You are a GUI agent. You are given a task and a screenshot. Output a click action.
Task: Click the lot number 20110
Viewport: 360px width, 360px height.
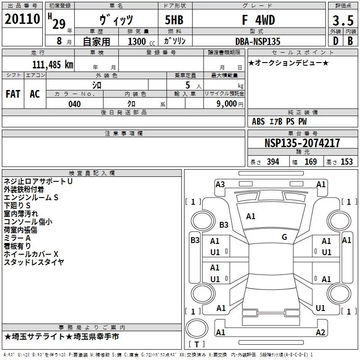tap(22, 19)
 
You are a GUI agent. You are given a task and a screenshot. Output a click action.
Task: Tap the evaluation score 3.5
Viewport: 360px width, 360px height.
tap(343, 20)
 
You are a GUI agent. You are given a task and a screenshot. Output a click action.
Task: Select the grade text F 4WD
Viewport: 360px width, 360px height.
tap(258, 20)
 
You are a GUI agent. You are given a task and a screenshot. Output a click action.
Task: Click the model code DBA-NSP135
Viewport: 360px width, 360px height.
tap(257, 41)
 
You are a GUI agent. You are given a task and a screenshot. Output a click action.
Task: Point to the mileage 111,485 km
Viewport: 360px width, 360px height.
tap(53, 64)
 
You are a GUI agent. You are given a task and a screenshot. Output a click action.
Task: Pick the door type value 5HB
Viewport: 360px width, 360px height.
tap(174, 20)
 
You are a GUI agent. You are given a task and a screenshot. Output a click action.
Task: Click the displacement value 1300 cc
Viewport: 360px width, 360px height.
tap(141, 41)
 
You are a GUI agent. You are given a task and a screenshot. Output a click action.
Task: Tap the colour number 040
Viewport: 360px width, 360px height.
tap(75, 104)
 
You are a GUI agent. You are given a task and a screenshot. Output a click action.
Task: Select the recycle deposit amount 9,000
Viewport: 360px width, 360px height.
tap(226, 103)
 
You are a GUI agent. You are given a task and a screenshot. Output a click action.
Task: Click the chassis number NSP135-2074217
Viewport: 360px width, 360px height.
tap(302, 143)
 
